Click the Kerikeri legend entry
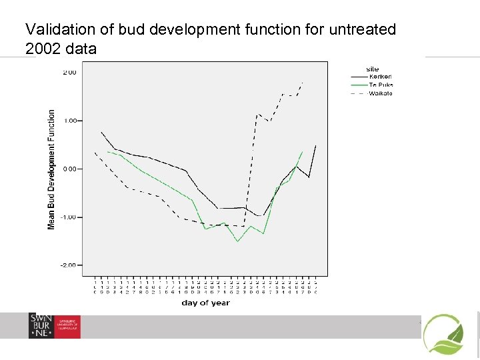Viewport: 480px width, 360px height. coord(381,77)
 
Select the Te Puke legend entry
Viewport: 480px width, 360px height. coord(381,85)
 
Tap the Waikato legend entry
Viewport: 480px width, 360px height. coord(381,93)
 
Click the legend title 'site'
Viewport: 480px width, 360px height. coord(373,69)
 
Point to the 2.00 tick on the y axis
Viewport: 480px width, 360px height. coord(69,72)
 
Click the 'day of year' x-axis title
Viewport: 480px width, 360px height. coord(205,303)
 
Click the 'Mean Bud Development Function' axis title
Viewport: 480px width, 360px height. coord(51,170)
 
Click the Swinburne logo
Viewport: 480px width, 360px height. coord(54,326)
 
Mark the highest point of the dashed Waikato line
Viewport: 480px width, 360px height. coord(303,83)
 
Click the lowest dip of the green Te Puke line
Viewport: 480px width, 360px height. coord(238,241)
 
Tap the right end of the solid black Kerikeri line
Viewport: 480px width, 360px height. coord(316,145)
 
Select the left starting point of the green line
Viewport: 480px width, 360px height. coord(108,151)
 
